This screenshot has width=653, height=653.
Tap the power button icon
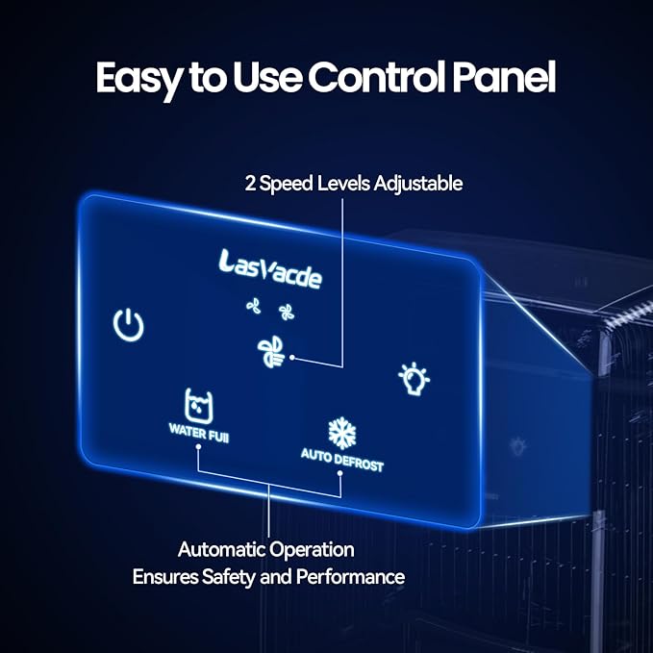click(x=128, y=326)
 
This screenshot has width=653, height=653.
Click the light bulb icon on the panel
click(x=414, y=378)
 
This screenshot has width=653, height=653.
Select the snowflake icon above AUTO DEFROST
click(x=341, y=432)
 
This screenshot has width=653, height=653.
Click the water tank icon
click(x=197, y=406)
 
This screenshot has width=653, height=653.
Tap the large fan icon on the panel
click(x=271, y=352)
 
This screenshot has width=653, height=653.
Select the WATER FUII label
click(x=198, y=435)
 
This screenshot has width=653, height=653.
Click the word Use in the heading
click(x=256, y=79)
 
